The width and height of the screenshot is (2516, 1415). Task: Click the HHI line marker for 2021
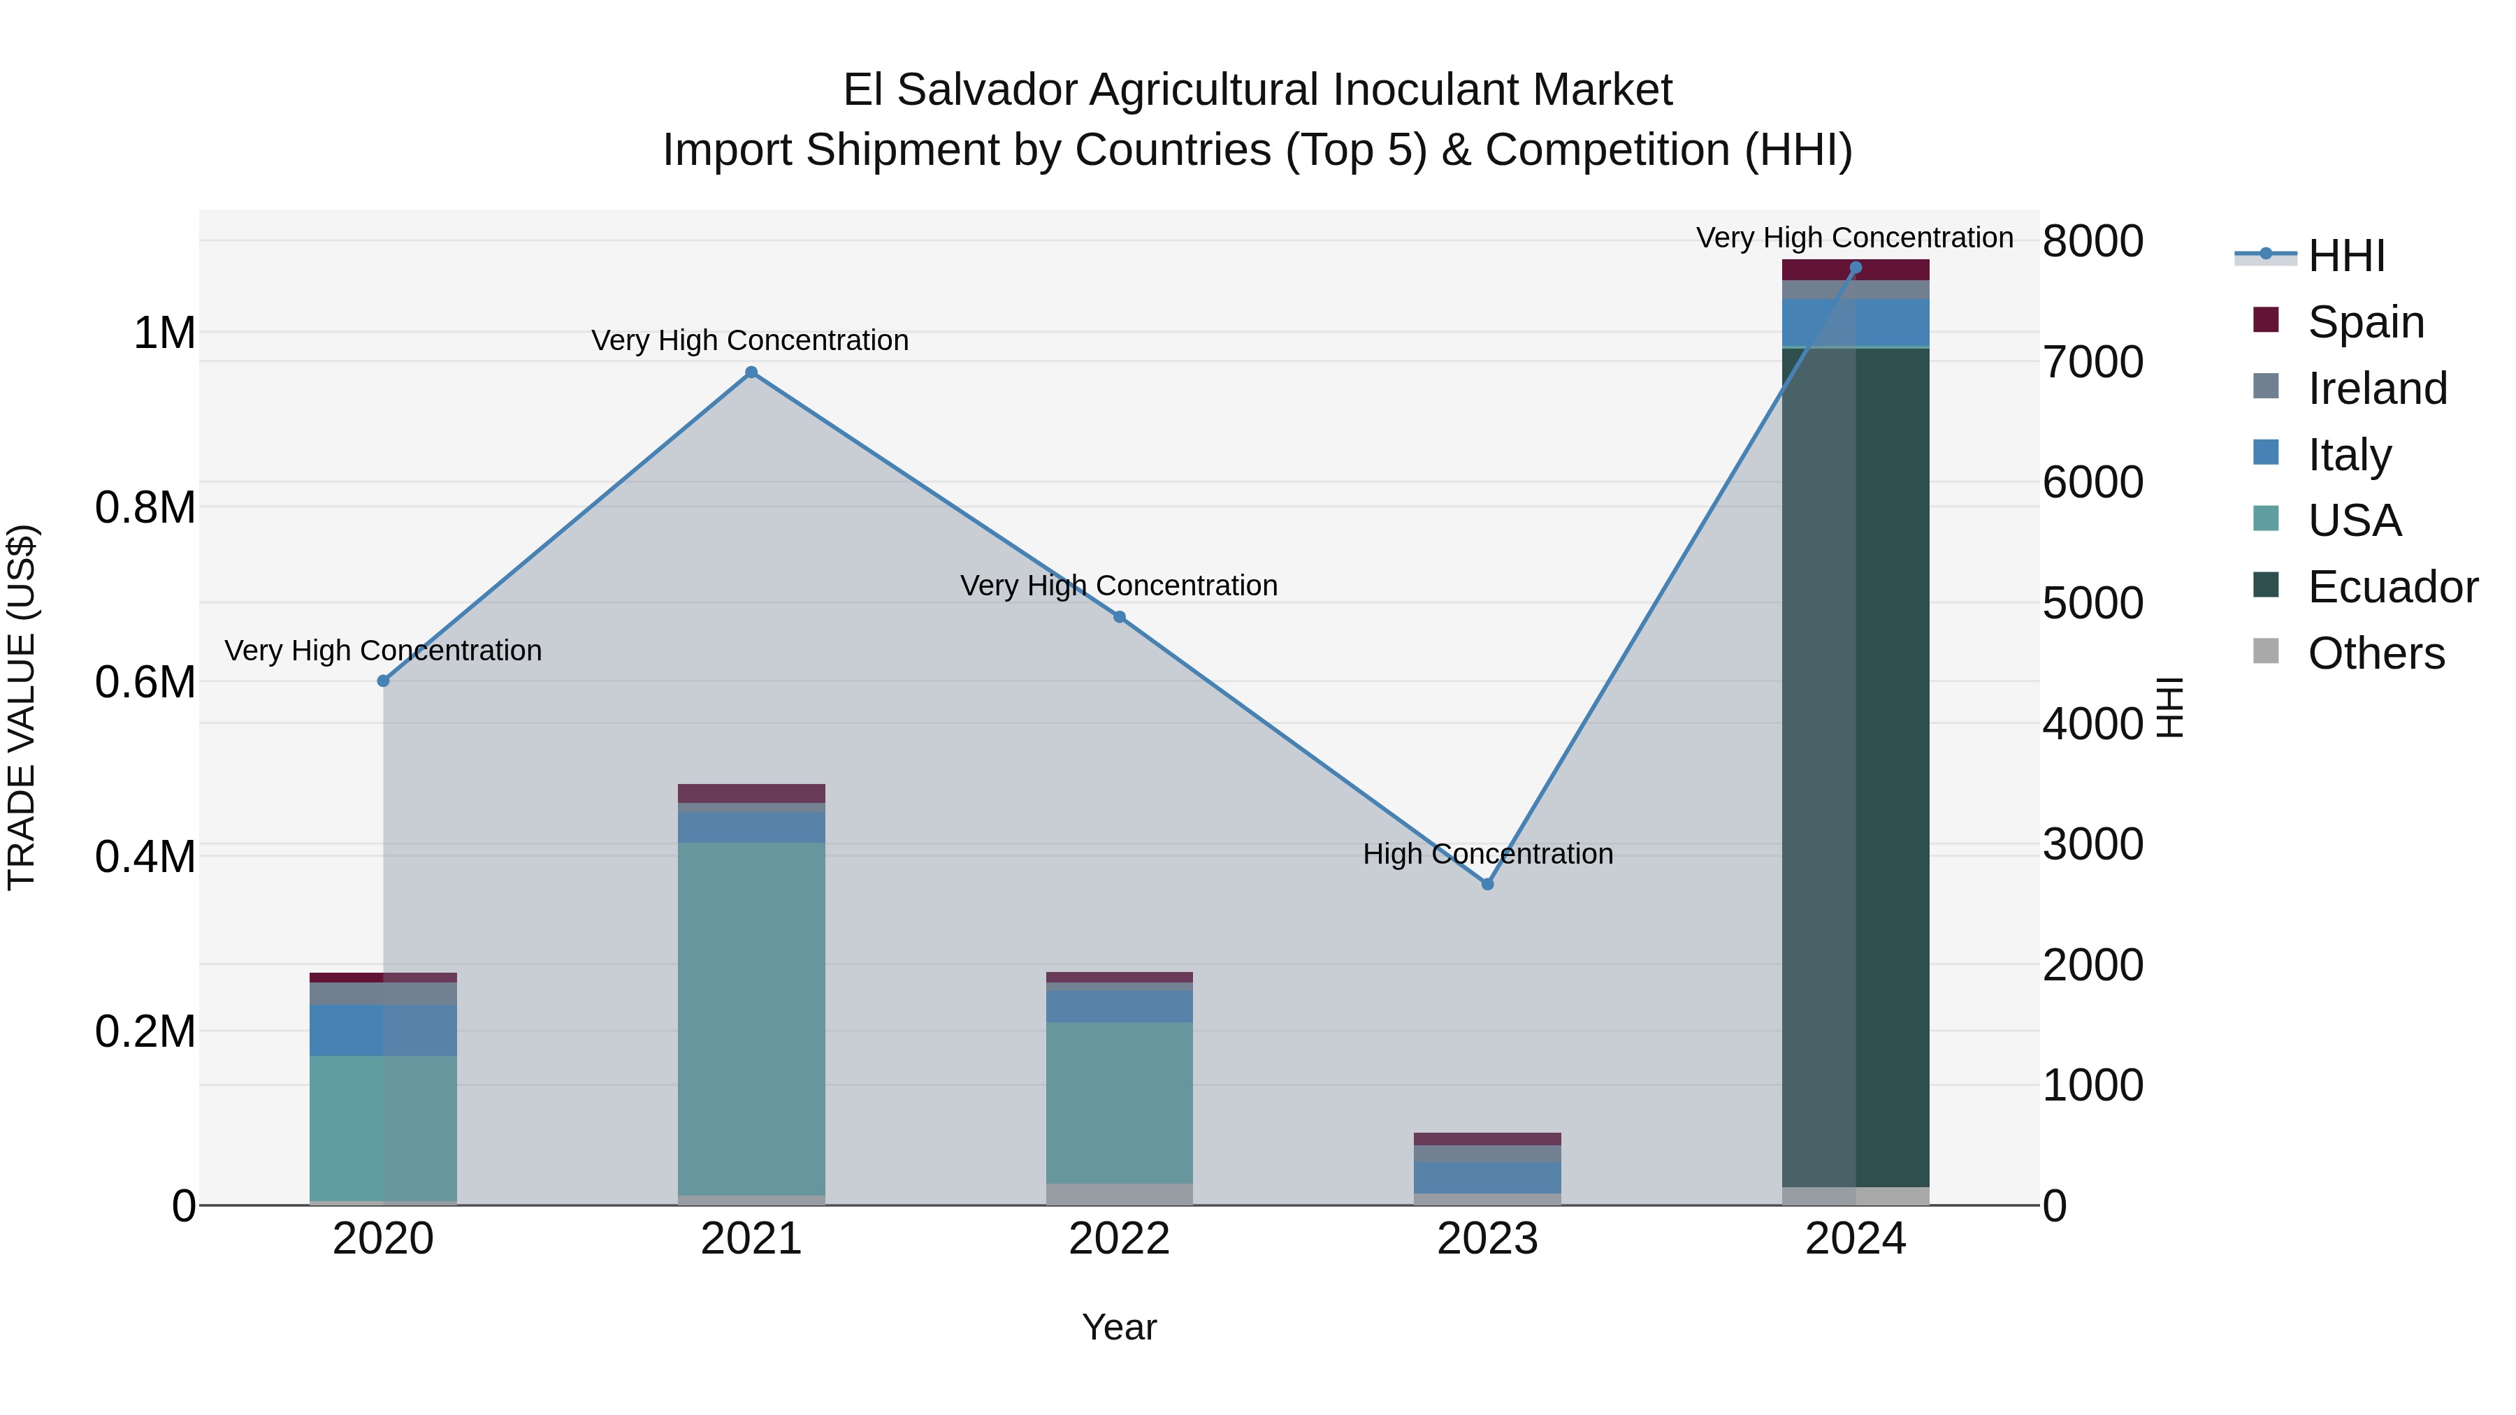point(751,372)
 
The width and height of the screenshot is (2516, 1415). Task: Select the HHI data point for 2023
point(1487,884)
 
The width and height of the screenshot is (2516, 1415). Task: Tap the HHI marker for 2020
point(383,681)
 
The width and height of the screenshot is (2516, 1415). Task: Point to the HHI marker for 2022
point(1120,617)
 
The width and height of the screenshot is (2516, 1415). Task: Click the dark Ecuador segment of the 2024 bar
point(1856,767)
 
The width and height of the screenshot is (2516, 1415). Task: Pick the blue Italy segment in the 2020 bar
point(383,1029)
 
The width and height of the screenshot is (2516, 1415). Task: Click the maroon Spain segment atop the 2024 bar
point(1856,270)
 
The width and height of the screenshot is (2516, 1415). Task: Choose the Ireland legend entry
point(2376,388)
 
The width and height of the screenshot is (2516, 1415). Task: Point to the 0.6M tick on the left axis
point(145,681)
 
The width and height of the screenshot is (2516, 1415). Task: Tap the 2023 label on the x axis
point(1487,1239)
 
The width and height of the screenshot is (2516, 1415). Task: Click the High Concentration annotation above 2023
point(1487,853)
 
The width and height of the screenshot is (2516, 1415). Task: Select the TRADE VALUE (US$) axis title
point(22,707)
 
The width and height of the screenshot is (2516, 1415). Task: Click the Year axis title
point(1120,1327)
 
